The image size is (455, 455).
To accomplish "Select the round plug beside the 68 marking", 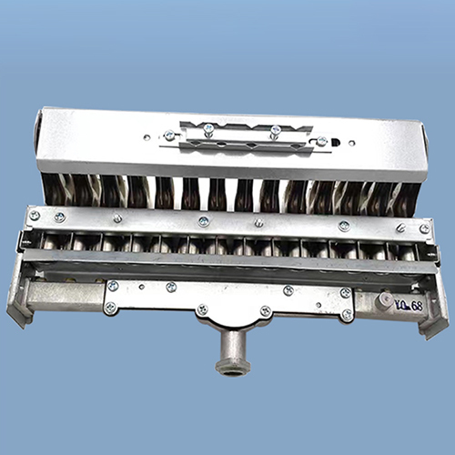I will [x=387, y=299].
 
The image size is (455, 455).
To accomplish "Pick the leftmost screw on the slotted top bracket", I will [x=169, y=136].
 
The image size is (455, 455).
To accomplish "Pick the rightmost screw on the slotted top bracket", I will [x=321, y=141].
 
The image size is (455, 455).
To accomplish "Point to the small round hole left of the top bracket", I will [x=147, y=138].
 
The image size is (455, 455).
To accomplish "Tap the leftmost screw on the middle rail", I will [x=35, y=216].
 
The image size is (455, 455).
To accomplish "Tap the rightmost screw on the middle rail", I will [x=424, y=228].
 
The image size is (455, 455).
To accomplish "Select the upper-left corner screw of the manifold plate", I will [x=113, y=286].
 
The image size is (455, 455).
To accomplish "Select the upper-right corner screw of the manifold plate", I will [x=346, y=293].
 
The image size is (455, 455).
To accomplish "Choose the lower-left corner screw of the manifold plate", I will [x=110, y=308].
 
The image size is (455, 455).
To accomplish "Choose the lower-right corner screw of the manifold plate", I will [x=347, y=315].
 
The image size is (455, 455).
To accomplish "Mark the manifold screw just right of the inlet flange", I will [x=266, y=311].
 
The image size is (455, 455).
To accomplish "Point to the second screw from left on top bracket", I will [x=208, y=129].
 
